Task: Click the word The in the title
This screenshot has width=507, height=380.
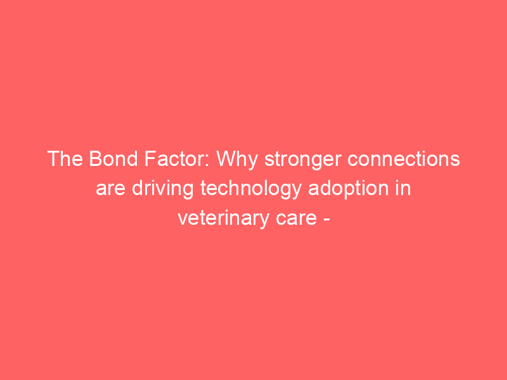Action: pos(65,159)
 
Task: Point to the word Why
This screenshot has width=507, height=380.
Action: pos(236,161)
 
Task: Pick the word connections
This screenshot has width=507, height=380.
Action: pos(404,160)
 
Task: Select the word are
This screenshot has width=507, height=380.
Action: pos(110,189)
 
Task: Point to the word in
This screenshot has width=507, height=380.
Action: pos(403,188)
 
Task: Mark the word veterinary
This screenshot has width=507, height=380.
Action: pos(223,219)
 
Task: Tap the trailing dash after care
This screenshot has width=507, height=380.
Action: pos(326,220)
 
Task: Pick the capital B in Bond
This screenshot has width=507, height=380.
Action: pos(96,159)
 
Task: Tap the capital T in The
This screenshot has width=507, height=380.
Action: pos(53,159)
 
